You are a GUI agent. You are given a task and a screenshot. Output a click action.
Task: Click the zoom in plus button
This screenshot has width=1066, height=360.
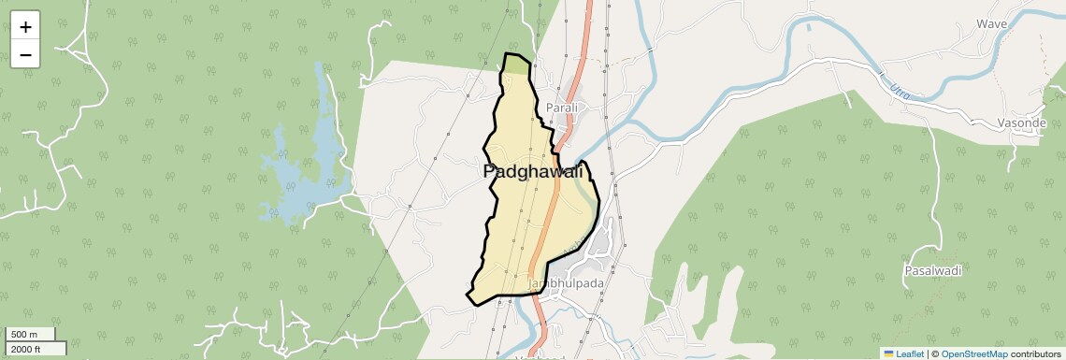[25, 26]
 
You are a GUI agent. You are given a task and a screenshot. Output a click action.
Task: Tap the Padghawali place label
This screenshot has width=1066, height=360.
[533, 172]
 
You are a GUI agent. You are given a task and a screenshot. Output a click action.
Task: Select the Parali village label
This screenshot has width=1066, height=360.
[563, 108]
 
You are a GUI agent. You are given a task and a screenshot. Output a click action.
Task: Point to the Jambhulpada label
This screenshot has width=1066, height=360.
[567, 282]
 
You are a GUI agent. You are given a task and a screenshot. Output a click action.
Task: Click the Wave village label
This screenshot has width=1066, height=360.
[991, 23]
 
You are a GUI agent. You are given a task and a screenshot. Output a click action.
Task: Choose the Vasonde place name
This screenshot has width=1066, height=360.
[1021, 122]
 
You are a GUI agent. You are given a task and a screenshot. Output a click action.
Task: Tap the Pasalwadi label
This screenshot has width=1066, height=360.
[929, 270]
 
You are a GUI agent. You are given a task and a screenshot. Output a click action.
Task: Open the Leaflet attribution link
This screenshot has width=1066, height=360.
[910, 353]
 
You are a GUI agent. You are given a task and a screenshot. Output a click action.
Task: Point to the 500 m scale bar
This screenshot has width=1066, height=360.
[32, 335]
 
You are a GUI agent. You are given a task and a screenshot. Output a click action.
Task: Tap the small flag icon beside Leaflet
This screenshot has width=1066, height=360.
[889, 353]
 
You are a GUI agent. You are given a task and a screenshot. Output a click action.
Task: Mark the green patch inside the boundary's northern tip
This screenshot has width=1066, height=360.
[515, 65]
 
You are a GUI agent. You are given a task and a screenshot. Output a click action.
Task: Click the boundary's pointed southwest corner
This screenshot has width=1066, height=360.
[468, 295]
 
